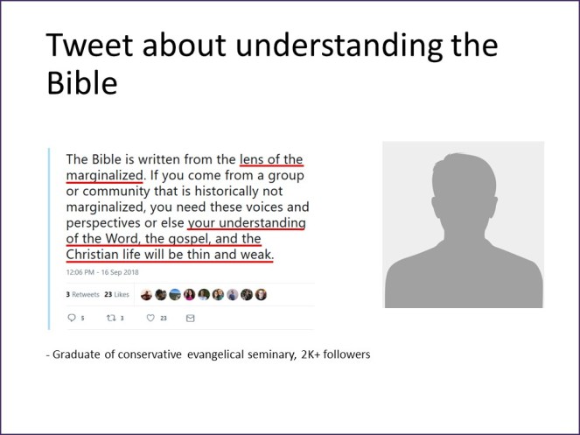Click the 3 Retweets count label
click(x=81, y=295)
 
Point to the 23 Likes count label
click(x=116, y=295)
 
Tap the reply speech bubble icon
click(x=71, y=319)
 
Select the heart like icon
click(x=150, y=319)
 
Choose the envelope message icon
click(x=190, y=319)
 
